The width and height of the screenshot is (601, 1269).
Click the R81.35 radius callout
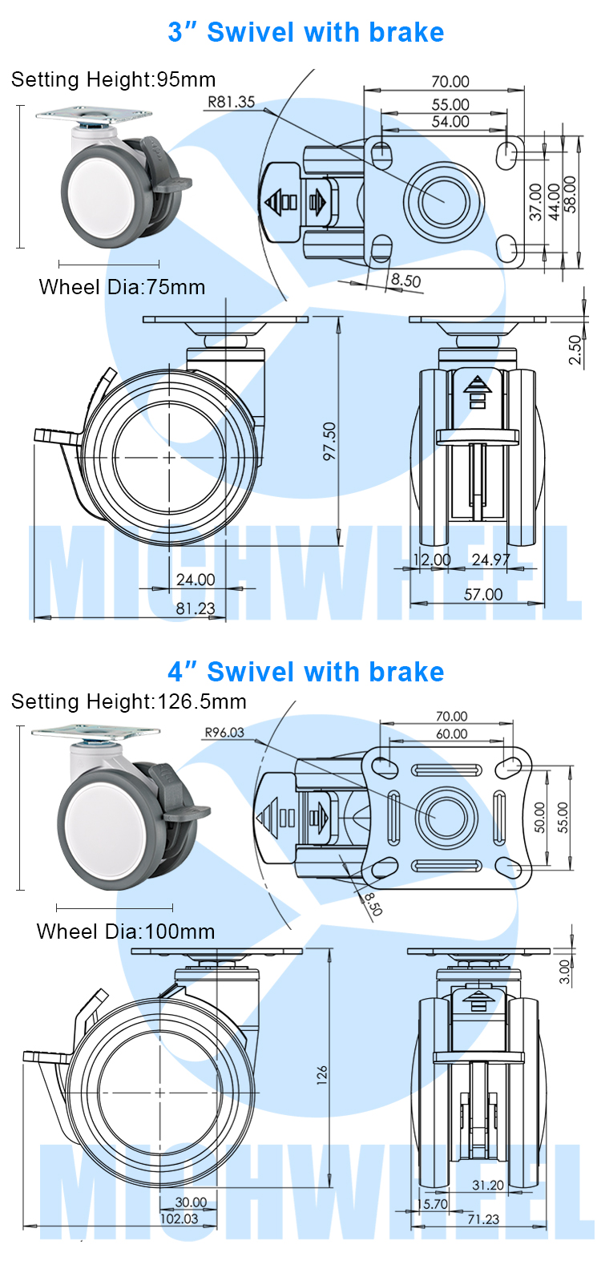(231, 102)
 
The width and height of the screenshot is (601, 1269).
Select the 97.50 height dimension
(329, 441)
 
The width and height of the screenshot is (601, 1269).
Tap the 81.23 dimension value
(196, 608)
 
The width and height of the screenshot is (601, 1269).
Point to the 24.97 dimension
(491, 560)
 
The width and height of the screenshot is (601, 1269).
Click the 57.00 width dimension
(483, 594)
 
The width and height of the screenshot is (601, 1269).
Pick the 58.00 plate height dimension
(570, 194)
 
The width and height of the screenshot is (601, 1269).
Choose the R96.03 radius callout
(224, 732)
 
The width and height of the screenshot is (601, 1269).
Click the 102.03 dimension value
(179, 1218)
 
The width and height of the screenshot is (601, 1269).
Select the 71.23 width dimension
(482, 1218)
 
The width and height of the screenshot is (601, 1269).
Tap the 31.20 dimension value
(488, 1185)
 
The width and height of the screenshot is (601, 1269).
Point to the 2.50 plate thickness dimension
(575, 350)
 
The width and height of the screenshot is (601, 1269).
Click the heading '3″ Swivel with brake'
(306, 32)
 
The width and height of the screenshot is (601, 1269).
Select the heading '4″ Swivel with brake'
(306, 672)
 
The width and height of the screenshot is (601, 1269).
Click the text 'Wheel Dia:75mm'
(122, 287)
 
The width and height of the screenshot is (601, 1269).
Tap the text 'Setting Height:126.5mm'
(129, 701)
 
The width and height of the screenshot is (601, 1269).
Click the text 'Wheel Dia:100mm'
(126, 932)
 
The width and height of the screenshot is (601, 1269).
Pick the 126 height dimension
(322, 1074)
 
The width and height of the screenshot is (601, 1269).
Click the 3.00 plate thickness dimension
(565, 972)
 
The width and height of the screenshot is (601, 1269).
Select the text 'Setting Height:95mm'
(114, 79)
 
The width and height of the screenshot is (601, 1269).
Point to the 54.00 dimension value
(450, 122)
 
